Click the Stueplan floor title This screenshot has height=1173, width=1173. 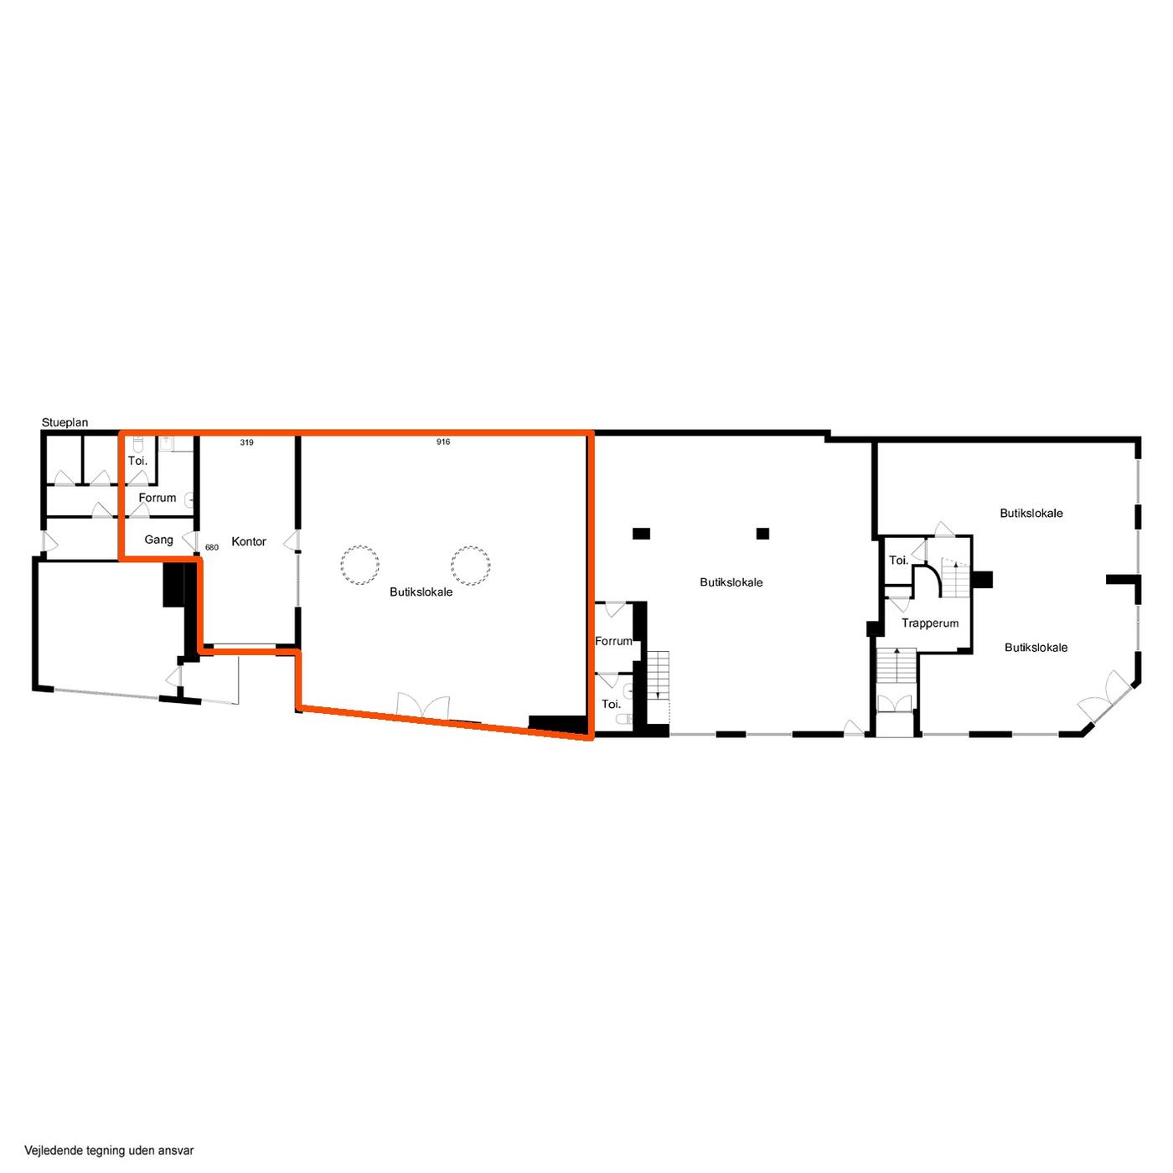pos(65,421)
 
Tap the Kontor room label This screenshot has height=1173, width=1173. pos(248,541)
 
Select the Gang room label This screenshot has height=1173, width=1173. pos(158,540)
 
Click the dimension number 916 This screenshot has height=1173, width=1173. pos(442,442)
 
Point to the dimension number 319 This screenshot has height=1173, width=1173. pos(246,442)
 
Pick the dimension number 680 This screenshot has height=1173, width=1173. pos(211,547)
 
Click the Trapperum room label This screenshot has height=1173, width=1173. pos(929,623)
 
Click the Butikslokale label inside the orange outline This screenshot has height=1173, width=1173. pos(421,592)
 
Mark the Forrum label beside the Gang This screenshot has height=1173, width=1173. pos(157,498)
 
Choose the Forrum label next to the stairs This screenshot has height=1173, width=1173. pos(613,641)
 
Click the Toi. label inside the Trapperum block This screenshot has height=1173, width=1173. pos(898,560)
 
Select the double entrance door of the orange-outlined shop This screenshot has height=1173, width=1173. pos(423,705)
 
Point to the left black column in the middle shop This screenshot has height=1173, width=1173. pos(641,533)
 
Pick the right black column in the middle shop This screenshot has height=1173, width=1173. pos(762,533)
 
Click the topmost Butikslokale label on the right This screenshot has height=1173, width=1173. pos(1031,513)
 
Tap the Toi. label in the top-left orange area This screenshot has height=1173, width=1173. pos(137,461)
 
